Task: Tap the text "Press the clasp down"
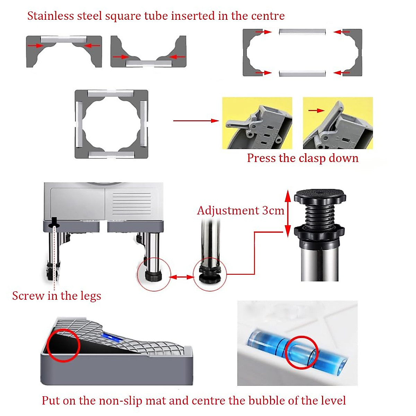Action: [302, 158]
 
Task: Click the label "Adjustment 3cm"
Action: [240, 211]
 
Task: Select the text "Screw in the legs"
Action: [57, 296]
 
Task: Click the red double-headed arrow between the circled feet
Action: [182, 277]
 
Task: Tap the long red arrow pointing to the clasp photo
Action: [196, 121]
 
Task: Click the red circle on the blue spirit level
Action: [302, 352]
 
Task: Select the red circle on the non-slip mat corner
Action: [63, 345]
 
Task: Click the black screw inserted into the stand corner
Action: [54, 222]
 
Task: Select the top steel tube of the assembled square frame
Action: [111, 94]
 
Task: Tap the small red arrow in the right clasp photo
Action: [316, 111]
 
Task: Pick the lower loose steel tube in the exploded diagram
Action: [302, 73]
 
